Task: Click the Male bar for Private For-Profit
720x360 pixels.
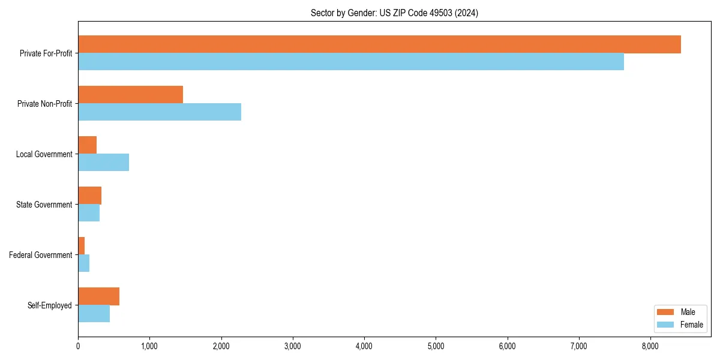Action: [x=379, y=44]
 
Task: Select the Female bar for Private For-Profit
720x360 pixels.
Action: [x=351, y=62]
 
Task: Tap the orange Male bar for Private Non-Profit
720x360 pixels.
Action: [x=130, y=95]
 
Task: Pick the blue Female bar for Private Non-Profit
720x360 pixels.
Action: [x=160, y=112]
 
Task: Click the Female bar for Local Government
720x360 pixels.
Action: [x=103, y=163]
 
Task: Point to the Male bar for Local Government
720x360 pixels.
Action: [x=88, y=145]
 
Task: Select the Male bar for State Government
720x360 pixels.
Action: [x=90, y=196]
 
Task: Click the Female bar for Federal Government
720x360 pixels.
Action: [x=84, y=263]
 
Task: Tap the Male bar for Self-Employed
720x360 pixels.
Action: [x=99, y=296]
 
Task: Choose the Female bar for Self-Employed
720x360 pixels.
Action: [x=94, y=314]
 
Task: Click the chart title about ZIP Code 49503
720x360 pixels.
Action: [x=394, y=13]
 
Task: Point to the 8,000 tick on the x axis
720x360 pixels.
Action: [x=650, y=346]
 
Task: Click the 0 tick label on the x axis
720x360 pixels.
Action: [x=78, y=346]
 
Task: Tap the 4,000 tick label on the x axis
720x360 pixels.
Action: [x=364, y=346]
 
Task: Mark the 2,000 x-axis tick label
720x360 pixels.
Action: [x=221, y=346]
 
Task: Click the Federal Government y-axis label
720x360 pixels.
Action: [x=40, y=255]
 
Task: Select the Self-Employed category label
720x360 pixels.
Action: [x=49, y=305]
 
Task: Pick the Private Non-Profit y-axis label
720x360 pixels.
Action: [x=44, y=104]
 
